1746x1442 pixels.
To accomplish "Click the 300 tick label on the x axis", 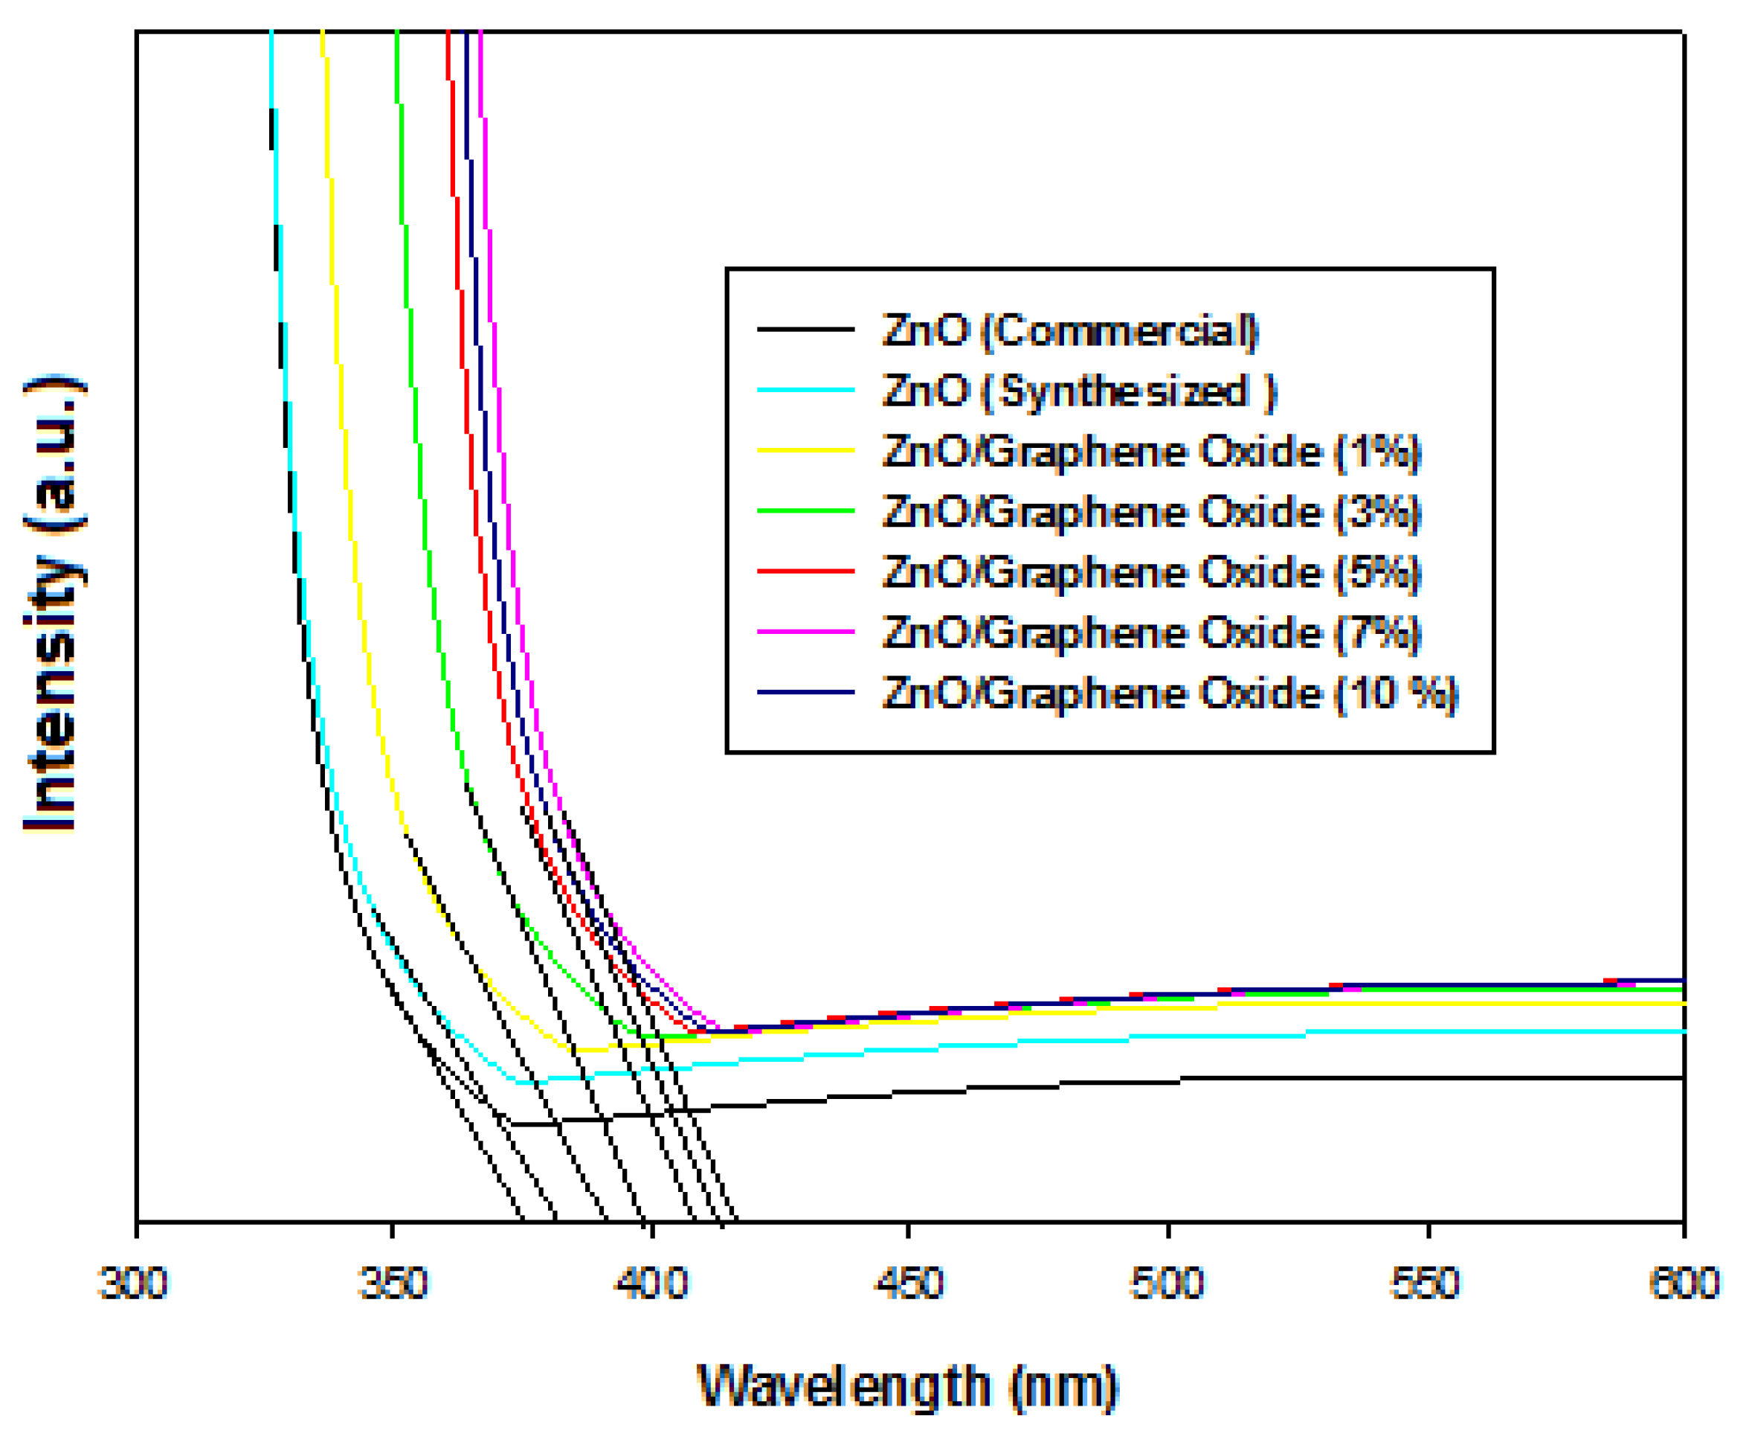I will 133,1284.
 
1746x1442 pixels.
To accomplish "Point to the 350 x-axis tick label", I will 393,1284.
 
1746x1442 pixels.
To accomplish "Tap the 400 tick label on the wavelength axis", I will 651,1284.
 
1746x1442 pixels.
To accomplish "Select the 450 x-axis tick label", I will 909,1284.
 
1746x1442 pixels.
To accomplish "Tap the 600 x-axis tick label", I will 1684,1284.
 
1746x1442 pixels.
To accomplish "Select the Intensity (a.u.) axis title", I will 51,602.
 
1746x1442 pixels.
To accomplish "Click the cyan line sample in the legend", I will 805,390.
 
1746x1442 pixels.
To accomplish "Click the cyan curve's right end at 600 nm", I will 1681,1032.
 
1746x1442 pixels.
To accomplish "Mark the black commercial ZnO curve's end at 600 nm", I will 1681,1078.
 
